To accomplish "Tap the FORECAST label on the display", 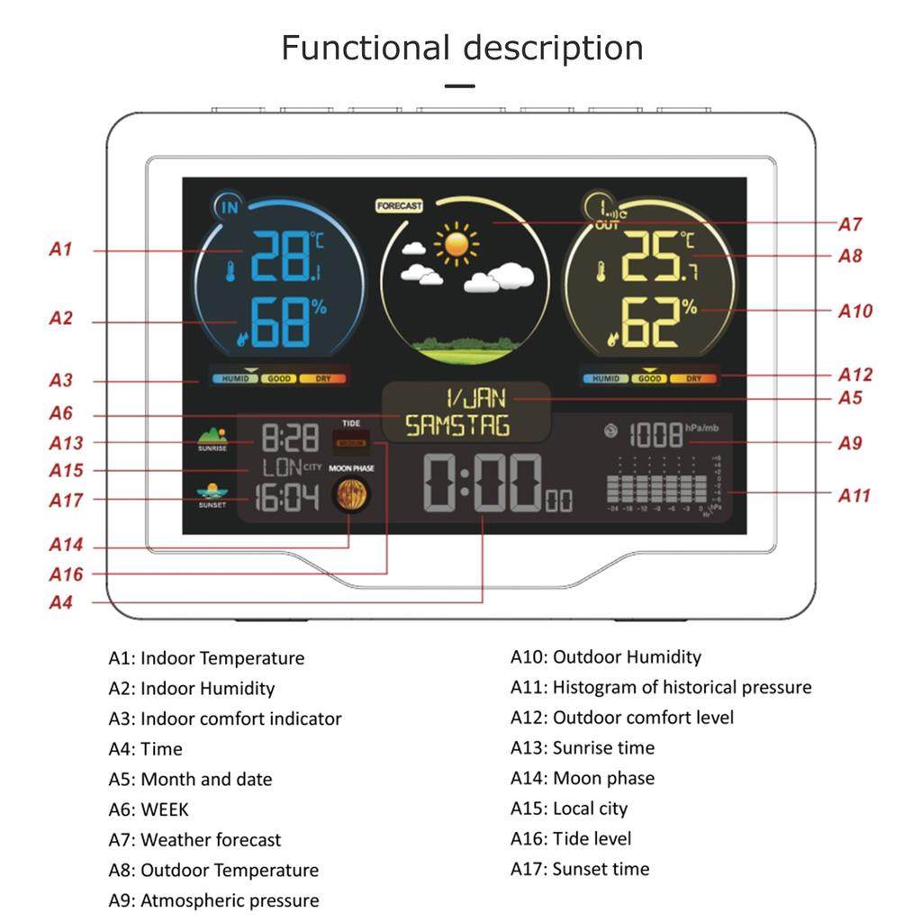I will (x=399, y=206).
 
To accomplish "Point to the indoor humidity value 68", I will (x=279, y=324).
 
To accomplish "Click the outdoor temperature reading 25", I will (x=650, y=258).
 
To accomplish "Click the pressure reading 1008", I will (x=655, y=436).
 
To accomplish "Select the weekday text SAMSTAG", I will (x=457, y=426).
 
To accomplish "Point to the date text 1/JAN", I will (x=476, y=398).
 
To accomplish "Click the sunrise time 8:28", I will (x=290, y=439).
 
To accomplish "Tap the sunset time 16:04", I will (x=286, y=498).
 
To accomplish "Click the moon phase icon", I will (x=350, y=496).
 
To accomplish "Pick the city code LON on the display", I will (x=281, y=468).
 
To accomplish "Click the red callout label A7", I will (x=850, y=224).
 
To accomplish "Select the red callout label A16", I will (x=66, y=574).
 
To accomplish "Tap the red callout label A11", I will (x=854, y=495).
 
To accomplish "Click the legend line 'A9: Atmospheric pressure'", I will (x=213, y=900).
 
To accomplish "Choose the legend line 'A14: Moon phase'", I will (x=582, y=778).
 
